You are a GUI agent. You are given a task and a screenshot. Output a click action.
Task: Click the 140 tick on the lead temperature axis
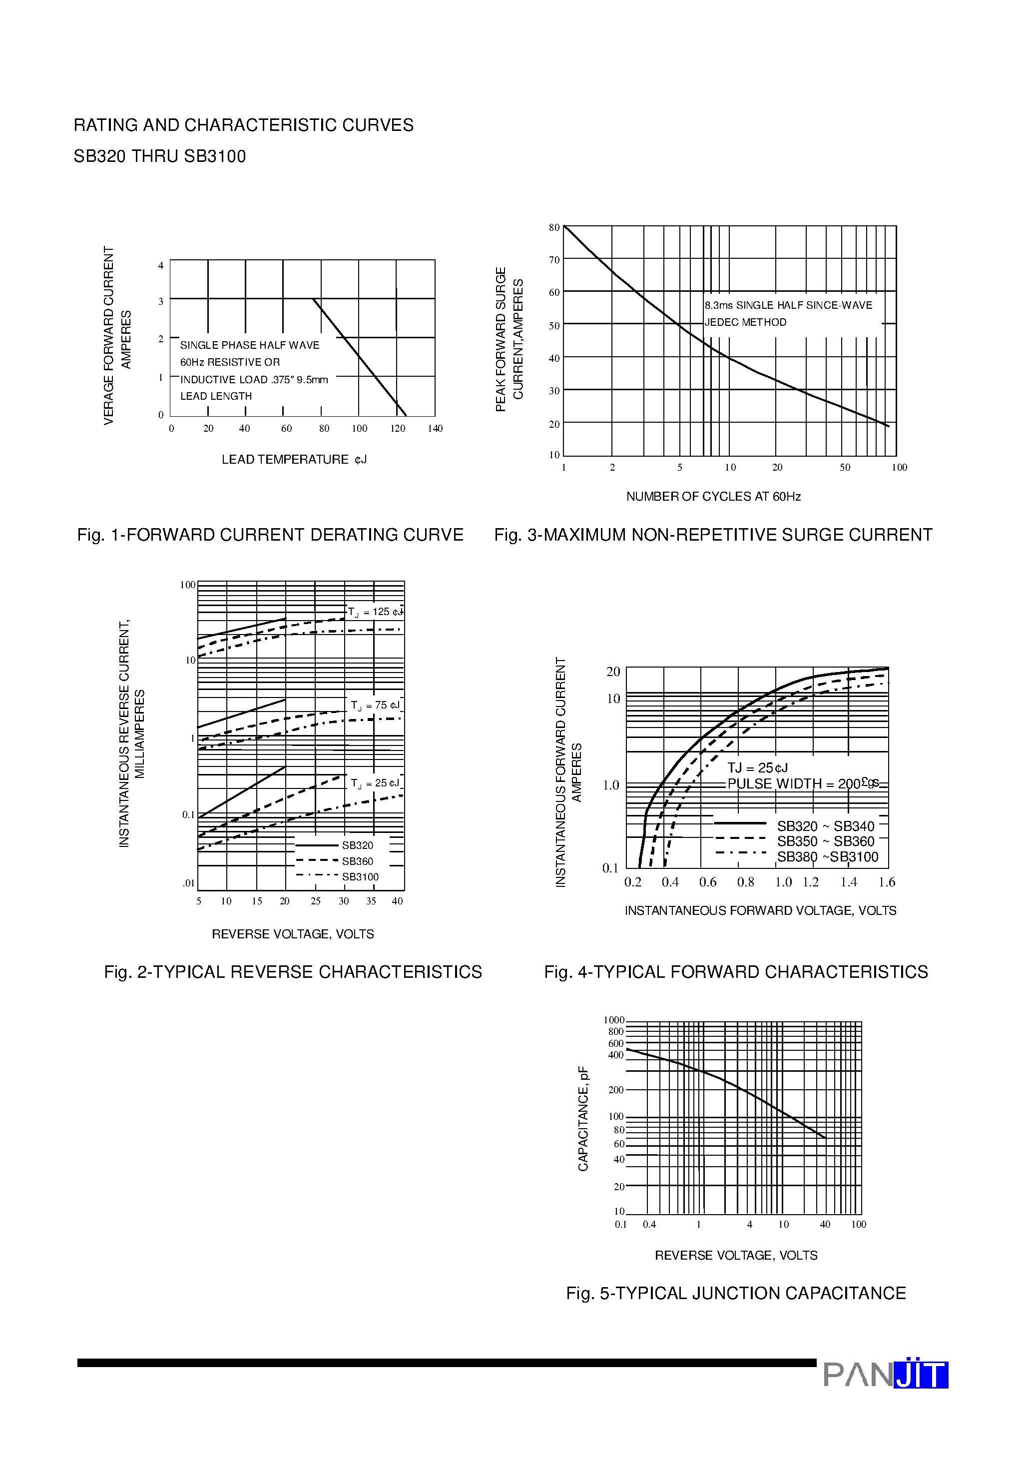[x=435, y=428]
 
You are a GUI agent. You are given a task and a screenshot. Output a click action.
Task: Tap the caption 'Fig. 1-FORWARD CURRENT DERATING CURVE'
[x=270, y=535]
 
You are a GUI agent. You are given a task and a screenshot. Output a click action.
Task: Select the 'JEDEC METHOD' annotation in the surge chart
[x=745, y=322]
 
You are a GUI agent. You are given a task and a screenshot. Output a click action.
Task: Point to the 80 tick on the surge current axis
[x=554, y=227]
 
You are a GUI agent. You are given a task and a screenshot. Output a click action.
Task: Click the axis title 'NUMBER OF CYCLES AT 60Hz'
[x=713, y=496]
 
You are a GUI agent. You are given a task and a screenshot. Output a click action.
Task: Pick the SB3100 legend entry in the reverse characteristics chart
[x=360, y=877]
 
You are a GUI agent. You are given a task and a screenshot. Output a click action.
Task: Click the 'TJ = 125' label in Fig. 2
[x=376, y=612]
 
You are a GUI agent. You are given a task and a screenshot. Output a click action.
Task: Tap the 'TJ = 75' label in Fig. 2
[x=376, y=705]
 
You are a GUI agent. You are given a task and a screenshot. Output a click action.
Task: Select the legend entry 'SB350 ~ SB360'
[x=825, y=841]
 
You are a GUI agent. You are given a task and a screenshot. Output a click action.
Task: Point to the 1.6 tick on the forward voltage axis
[x=886, y=882]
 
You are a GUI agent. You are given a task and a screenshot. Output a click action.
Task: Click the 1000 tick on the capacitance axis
[x=614, y=1020]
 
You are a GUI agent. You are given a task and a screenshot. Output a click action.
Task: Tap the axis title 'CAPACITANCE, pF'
[x=583, y=1118]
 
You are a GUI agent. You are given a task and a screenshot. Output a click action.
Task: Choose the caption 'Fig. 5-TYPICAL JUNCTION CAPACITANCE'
[x=735, y=1293]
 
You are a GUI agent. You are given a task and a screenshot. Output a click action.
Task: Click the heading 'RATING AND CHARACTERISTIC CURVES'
[x=244, y=125]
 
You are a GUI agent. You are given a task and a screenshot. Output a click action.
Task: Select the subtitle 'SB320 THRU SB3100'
[x=160, y=156]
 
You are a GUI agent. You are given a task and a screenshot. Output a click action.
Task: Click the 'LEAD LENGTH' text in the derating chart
[x=216, y=396]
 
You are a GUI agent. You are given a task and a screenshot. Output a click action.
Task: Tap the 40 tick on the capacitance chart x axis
[x=825, y=1224]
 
